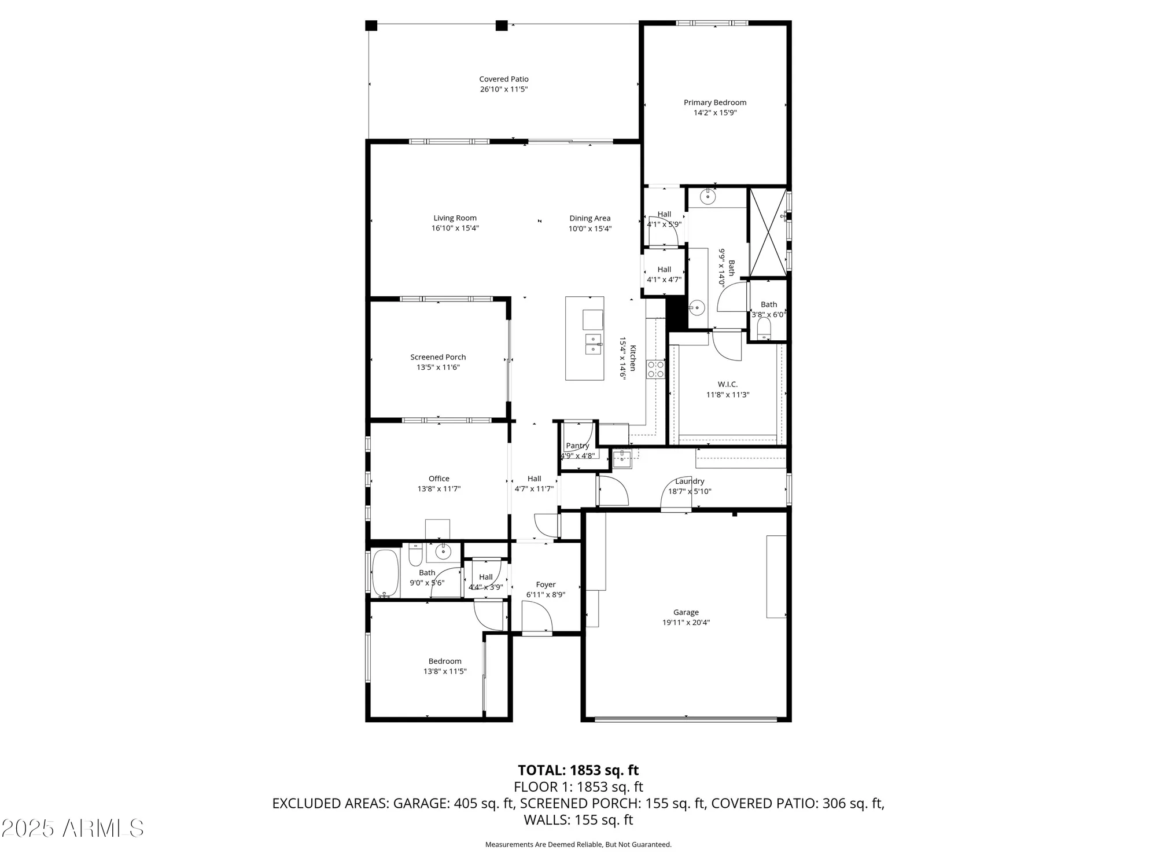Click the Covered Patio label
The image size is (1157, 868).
(503, 79)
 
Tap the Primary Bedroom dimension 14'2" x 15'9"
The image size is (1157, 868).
(715, 113)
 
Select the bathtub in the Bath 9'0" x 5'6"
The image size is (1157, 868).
(385, 573)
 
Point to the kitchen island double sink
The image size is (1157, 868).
(594, 344)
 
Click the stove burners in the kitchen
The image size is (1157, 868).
(656, 369)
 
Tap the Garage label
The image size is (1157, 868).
(686, 612)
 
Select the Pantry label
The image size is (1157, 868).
(577, 446)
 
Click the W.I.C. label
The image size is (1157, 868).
(727, 384)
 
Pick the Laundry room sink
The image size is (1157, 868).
(622, 459)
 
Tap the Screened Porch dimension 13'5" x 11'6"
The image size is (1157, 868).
(438, 367)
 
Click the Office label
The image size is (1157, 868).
(439, 479)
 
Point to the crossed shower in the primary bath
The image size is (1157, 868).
(768, 231)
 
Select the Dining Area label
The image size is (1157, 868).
(589, 218)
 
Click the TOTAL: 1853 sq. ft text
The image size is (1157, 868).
(578, 770)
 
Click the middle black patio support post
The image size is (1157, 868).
(502, 25)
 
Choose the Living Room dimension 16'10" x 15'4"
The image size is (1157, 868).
(455, 229)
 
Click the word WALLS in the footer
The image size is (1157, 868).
(545, 820)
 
